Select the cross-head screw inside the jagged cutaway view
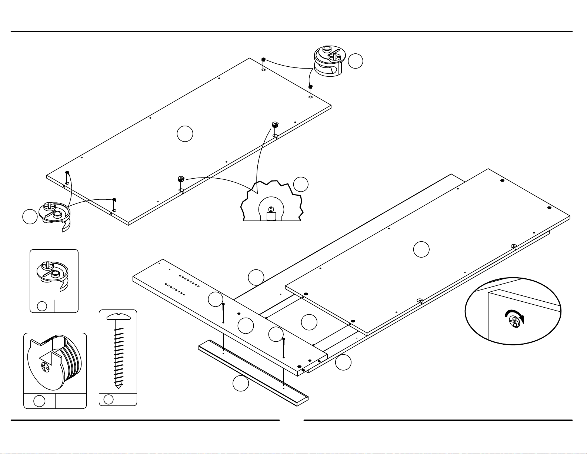(x=271, y=209)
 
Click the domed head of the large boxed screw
(x=119, y=316)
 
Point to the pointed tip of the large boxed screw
(x=118, y=386)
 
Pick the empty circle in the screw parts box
(x=109, y=399)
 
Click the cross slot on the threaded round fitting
(x=45, y=368)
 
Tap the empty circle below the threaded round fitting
(x=39, y=401)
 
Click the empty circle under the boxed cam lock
(x=42, y=306)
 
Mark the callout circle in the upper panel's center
(x=185, y=134)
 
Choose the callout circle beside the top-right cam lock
(x=356, y=61)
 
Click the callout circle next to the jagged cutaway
(x=301, y=184)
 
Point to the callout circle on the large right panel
(x=421, y=249)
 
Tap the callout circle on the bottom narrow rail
(x=240, y=384)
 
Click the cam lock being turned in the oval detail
(x=515, y=321)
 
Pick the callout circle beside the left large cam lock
(x=30, y=217)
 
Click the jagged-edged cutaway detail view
(x=272, y=202)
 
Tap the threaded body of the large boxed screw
(x=119, y=352)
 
